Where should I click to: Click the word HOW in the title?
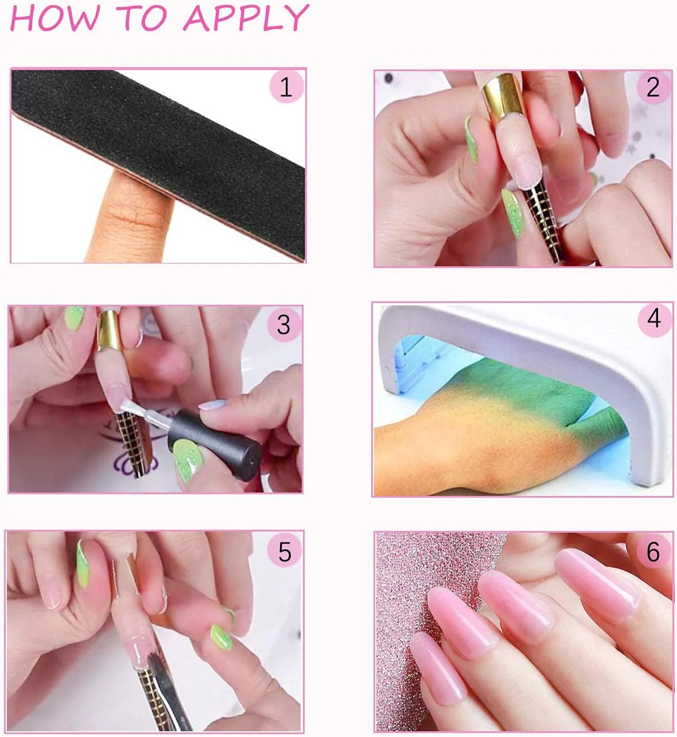(56, 18)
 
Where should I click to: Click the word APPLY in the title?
(246, 18)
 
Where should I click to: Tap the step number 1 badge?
(286, 87)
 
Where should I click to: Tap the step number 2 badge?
(653, 87)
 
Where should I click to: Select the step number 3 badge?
(283, 324)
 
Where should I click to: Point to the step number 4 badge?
(654, 319)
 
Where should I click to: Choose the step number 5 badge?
(285, 551)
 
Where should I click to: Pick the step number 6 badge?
(653, 552)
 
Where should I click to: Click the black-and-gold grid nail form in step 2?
(542, 220)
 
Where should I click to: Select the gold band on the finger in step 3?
(108, 329)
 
